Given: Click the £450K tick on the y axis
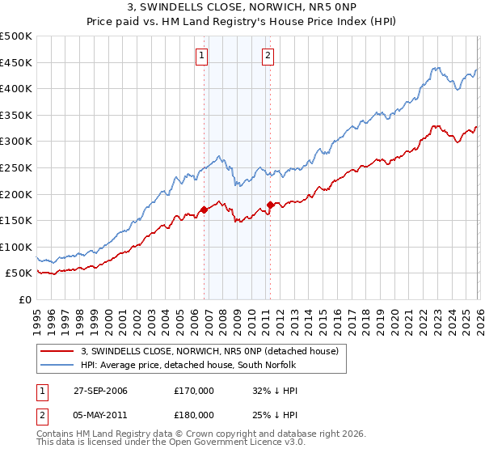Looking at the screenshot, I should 18,62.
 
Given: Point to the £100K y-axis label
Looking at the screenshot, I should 18,247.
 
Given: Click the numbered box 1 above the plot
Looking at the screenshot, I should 201,56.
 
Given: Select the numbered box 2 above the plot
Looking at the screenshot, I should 268,56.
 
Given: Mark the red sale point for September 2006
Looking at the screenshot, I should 204,210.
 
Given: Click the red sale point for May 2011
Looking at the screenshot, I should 269,205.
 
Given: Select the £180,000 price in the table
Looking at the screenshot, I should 194,414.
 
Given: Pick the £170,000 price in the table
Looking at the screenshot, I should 194,392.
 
